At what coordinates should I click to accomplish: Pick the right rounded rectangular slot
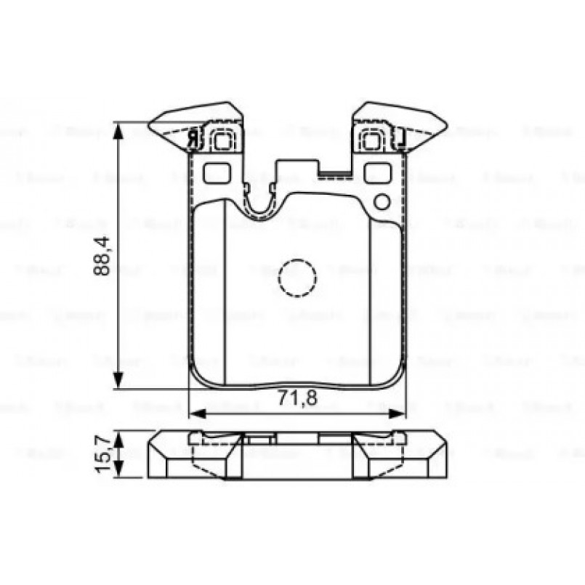point(376,173)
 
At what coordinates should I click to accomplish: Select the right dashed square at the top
point(373,139)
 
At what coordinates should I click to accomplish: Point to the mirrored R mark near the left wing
point(193,137)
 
